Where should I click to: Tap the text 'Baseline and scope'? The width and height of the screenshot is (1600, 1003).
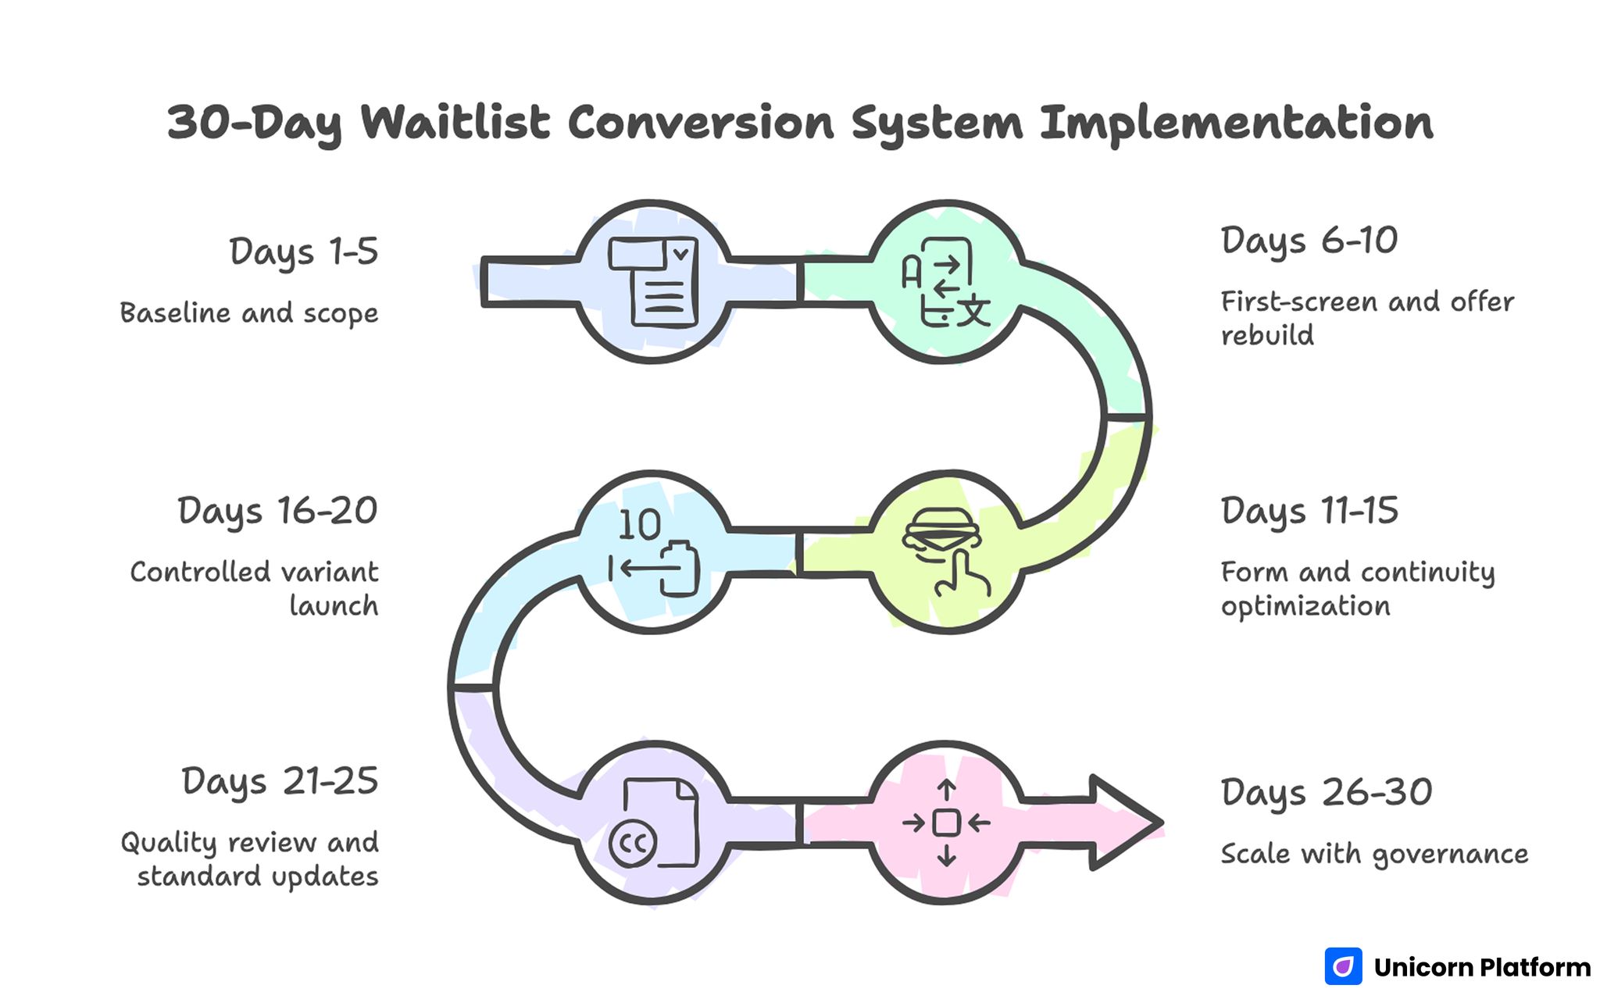point(248,313)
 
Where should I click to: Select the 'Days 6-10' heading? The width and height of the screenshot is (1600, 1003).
point(1309,241)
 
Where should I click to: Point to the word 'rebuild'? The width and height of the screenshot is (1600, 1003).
point(1267,336)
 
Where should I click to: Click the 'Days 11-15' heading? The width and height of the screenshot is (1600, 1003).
point(1309,512)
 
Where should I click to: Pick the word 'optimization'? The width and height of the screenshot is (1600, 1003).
point(1305,607)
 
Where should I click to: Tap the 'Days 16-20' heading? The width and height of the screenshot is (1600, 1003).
point(277,512)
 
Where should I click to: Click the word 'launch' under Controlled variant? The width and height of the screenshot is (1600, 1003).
point(334,606)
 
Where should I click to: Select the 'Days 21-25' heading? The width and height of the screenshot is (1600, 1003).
point(280,782)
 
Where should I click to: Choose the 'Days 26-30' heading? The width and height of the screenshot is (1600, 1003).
point(1327,793)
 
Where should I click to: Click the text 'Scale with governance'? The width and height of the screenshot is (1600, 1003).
point(1374,854)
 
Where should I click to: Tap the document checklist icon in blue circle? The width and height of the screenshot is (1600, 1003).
point(653,282)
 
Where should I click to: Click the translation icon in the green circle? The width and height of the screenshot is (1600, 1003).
point(946,282)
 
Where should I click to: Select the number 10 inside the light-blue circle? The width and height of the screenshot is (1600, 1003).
point(639,525)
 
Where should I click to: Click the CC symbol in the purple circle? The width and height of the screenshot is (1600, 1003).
point(633,844)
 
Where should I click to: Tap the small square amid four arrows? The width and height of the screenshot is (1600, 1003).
point(946,823)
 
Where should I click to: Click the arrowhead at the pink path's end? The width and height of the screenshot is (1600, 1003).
point(1125,823)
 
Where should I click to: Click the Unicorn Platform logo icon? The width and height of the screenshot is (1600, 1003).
point(1343,967)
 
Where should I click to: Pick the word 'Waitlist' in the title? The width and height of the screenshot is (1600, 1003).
point(455,123)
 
